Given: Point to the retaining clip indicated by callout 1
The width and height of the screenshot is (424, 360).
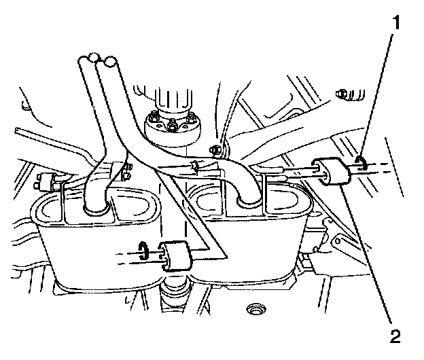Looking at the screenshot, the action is point(359,164).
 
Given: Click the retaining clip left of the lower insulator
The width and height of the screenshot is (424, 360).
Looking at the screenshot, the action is point(143,249).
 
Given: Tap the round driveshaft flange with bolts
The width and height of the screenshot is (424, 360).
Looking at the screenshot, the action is point(174,126).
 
